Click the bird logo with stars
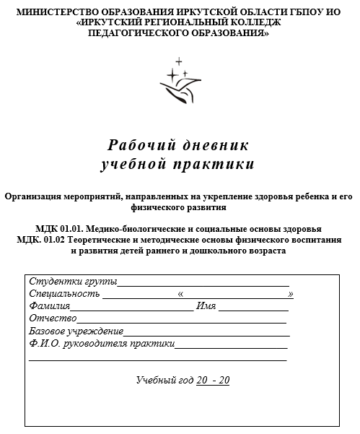click(179, 80)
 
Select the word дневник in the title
click(220, 144)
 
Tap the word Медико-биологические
click(141, 229)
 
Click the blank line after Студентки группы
click(203, 282)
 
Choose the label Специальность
click(63, 294)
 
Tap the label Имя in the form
click(206, 306)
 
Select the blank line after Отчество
click(181, 318)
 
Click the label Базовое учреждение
click(76, 331)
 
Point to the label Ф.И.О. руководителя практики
click(102, 344)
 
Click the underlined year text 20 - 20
click(213, 380)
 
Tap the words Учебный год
click(164, 380)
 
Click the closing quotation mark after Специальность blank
click(290, 294)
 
